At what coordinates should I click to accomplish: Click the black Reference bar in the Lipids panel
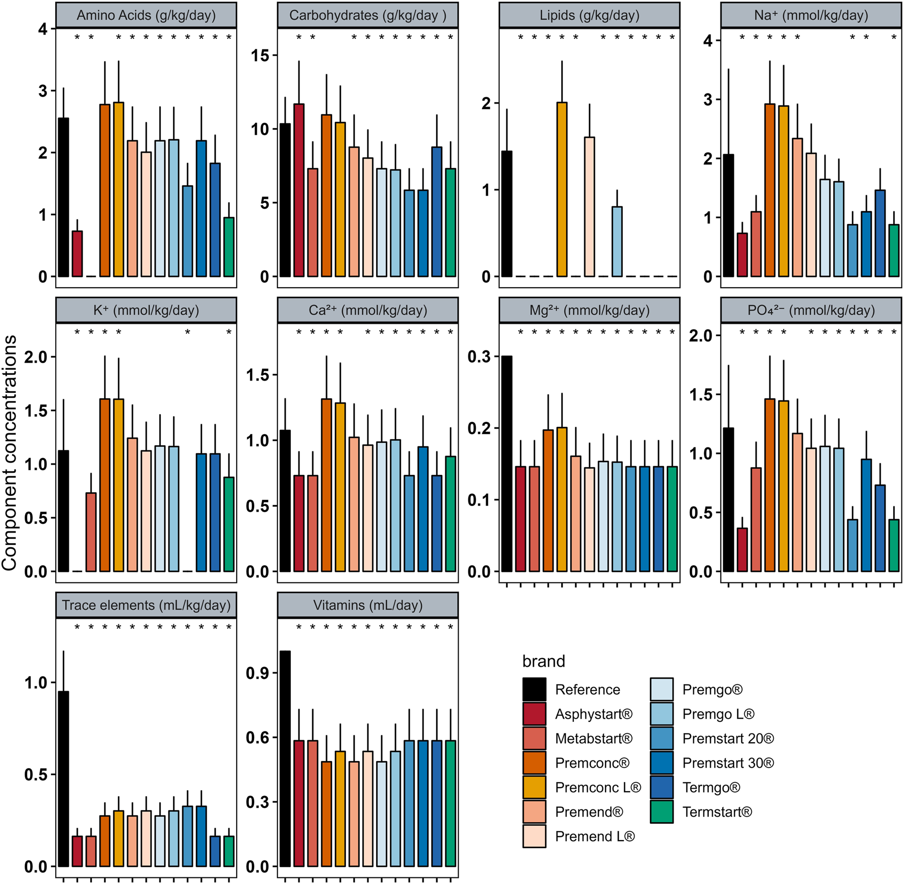(x=506, y=214)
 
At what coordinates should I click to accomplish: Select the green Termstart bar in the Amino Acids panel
(x=229, y=247)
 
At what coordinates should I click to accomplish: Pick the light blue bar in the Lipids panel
(x=617, y=242)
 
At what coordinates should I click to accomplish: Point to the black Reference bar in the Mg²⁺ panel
(x=506, y=464)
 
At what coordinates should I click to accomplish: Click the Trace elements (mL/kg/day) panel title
(x=146, y=605)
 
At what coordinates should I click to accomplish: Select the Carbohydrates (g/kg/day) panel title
(x=367, y=15)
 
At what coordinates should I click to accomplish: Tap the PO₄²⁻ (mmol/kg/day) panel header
(x=811, y=310)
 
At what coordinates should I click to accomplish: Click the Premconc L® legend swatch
(x=534, y=787)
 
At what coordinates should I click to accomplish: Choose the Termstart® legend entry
(x=717, y=812)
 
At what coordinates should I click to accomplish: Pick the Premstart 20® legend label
(x=728, y=738)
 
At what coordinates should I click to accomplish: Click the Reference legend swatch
(x=534, y=689)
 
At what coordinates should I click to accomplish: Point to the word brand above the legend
(x=543, y=662)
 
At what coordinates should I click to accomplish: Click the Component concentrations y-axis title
(x=9, y=452)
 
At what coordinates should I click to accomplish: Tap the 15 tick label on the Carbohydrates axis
(x=260, y=56)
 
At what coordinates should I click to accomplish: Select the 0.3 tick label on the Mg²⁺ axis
(x=480, y=357)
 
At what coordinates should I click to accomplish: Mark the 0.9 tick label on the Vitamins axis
(x=258, y=673)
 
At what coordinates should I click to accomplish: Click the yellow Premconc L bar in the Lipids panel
(x=562, y=190)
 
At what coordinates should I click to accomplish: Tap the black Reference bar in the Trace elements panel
(x=63, y=779)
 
